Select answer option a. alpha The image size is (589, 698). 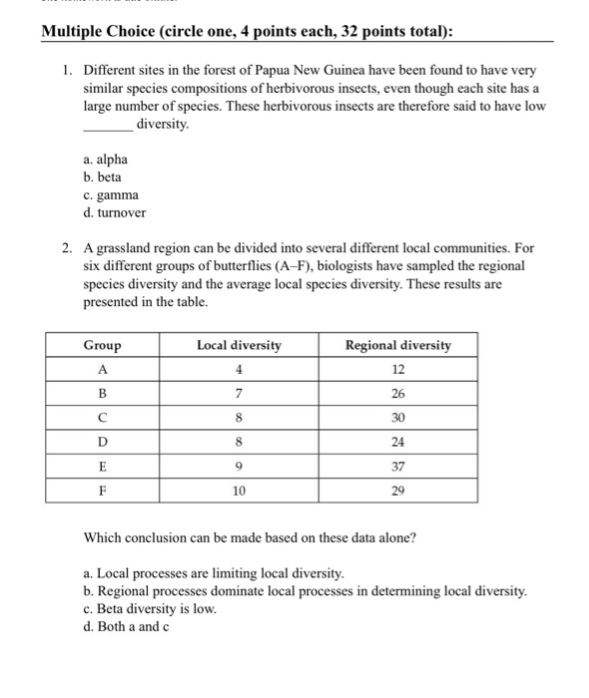[x=106, y=159]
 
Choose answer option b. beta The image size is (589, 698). [x=103, y=176]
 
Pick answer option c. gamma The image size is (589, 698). [x=111, y=194]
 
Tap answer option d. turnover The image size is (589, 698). [x=115, y=212]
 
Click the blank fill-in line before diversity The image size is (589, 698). [x=107, y=126]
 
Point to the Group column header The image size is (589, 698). [x=102, y=345]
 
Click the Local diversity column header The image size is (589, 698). [x=239, y=345]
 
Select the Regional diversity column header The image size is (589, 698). [x=397, y=345]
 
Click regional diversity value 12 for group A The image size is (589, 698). [x=397, y=370]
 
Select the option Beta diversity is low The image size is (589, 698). [x=150, y=608]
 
